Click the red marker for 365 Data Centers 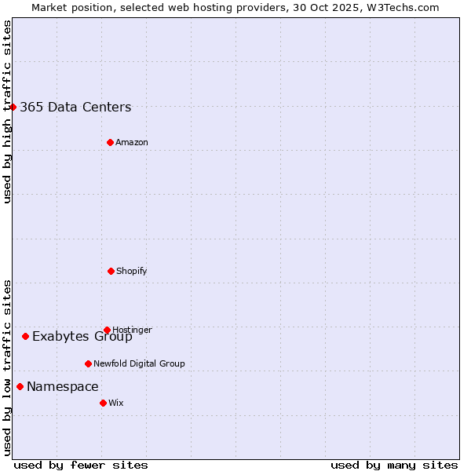click(13, 107)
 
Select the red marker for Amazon click(110, 142)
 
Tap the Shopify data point click(111, 271)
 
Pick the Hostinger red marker click(107, 330)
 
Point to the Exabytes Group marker click(25, 336)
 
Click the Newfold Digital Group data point click(88, 363)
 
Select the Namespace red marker click(20, 386)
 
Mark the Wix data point click(103, 403)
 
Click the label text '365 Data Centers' click(75, 108)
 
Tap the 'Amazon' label click(132, 143)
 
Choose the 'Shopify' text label click(132, 272)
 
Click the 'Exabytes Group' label click(82, 337)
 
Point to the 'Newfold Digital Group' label click(139, 364)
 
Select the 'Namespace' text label click(63, 387)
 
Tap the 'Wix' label click(116, 403)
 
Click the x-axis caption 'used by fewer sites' click(81, 466)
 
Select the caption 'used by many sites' click(394, 466)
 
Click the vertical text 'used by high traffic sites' click(7, 111)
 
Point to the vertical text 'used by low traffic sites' click(7, 367)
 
